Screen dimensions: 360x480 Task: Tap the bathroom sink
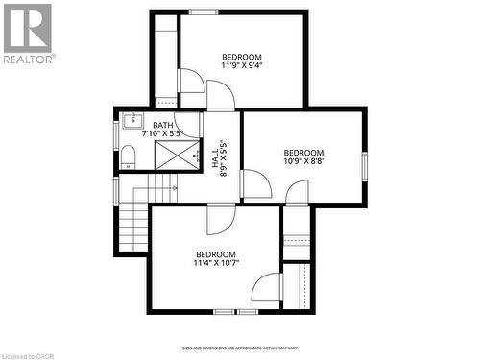pyautogui.click(x=132, y=121)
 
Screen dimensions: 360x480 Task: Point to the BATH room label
pyautogui.click(x=162, y=125)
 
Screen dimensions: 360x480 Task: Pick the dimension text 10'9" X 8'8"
pyautogui.click(x=302, y=162)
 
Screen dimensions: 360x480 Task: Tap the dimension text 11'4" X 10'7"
pyautogui.click(x=215, y=262)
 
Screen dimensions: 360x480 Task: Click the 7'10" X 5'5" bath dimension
pyautogui.click(x=162, y=133)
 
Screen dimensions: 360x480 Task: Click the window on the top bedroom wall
pyautogui.click(x=204, y=12)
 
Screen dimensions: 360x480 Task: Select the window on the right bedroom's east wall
pyautogui.click(x=364, y=165)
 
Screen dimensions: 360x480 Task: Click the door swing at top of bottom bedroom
pyautogui.click(x=220, y=220)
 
